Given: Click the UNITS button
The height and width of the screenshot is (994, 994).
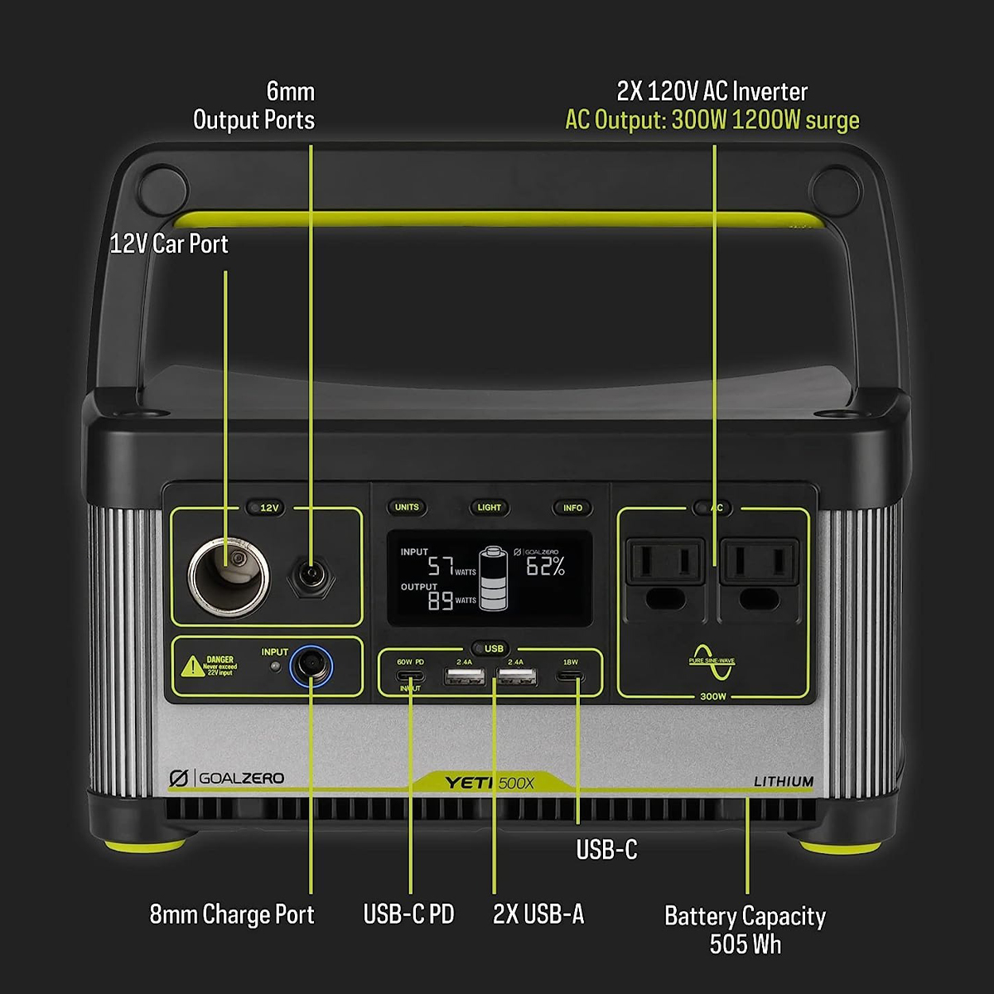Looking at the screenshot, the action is point(407,507).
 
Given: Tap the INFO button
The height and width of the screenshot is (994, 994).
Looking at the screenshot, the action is point(572,508).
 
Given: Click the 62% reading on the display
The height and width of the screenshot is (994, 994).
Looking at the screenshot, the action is point(546,567).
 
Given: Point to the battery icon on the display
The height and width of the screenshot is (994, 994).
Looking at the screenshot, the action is point(494,578).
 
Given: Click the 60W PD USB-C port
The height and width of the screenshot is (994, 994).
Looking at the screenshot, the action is point(410,676).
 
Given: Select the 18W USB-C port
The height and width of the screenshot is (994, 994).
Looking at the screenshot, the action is point(570,677).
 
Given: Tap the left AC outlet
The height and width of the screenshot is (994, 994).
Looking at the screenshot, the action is point(665,572).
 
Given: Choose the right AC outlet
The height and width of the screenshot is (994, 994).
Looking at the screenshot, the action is point(760,572).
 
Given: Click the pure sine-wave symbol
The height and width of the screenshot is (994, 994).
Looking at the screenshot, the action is point(712,661).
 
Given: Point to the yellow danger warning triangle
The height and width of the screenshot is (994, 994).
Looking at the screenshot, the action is point(192,665).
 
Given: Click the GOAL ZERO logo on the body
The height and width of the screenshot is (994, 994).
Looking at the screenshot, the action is point(226,779).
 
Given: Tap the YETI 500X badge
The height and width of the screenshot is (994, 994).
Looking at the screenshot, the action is point(490,783).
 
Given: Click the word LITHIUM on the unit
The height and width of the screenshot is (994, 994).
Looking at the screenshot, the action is point(784,781).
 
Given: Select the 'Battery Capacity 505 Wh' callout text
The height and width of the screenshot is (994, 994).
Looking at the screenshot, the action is point(745,929).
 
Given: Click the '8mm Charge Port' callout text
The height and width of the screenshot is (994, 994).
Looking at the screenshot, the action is point(232,914).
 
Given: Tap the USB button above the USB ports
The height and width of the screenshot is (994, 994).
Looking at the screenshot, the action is point(494,649).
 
